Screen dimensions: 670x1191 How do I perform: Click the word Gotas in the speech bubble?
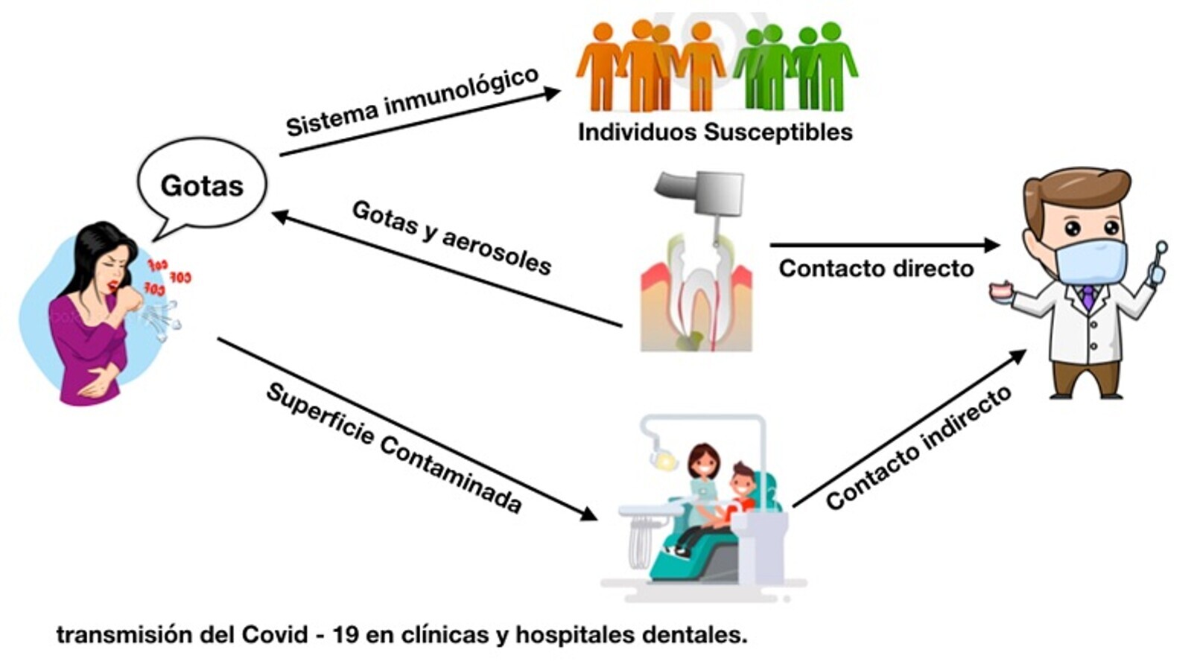click(202, 185)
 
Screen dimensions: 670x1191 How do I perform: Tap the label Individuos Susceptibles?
click(715, 133)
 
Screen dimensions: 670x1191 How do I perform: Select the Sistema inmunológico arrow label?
click(412, 102)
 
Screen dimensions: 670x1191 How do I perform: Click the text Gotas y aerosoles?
click(451, 237)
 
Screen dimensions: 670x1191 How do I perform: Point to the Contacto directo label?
click(876, 268)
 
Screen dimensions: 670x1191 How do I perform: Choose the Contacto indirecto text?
click(918, 448)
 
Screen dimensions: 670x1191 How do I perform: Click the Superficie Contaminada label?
click(393, 448)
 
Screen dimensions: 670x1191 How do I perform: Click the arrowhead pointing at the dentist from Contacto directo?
click(991, 244)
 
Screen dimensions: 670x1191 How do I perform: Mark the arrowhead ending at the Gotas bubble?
click(280, 217)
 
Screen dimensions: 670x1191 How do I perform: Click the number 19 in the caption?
click(346, 635)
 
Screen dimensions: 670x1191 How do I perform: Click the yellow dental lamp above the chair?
click(665, 462)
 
